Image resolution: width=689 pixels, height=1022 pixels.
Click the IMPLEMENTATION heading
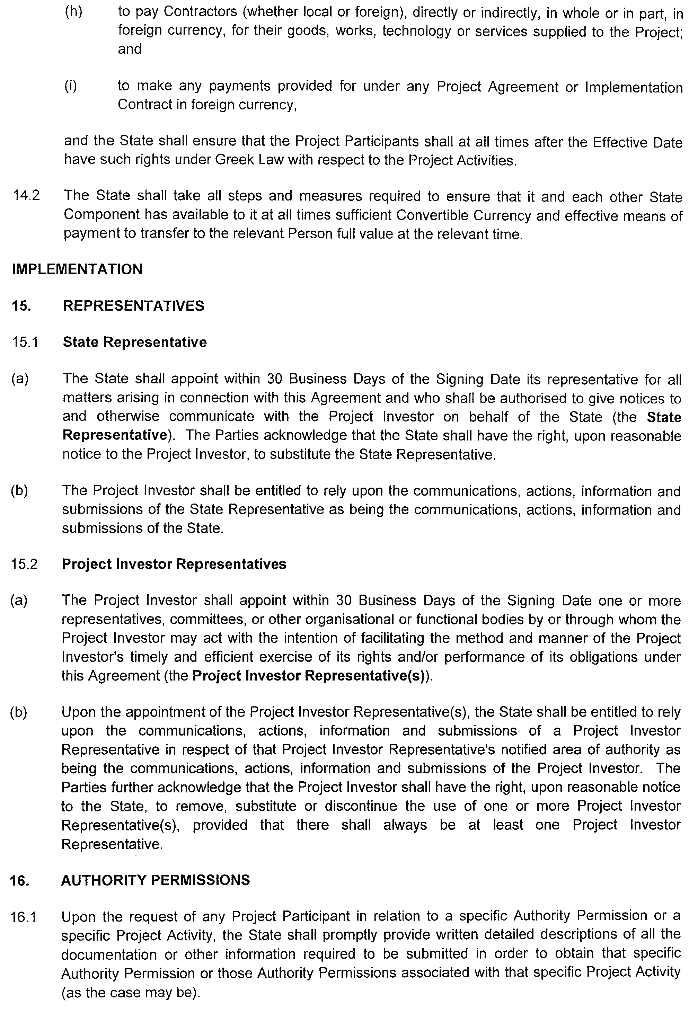tap(77, 269)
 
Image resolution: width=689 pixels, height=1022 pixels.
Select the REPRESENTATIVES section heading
tap(134, 306)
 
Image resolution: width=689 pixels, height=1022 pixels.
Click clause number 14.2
tap(26, 195)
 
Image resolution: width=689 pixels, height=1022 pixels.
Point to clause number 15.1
tap(25, 342)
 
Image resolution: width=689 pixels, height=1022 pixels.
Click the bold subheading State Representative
tap(135, 342)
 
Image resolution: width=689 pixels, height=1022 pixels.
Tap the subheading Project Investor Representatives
tap(174, 564)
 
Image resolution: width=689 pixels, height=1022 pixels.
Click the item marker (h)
tap(73, 12)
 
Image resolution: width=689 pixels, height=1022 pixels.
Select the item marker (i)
tap(70, 86)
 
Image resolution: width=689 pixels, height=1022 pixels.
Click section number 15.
tap(21, 306)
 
